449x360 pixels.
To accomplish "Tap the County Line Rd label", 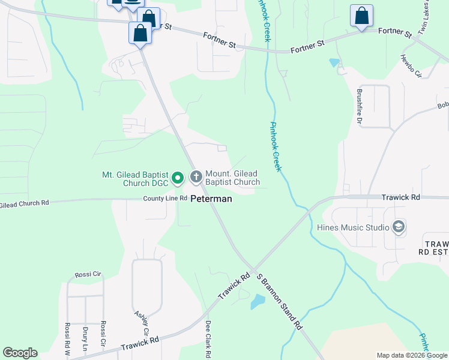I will [165, 199].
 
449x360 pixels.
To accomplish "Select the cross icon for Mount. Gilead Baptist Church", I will [196, 177].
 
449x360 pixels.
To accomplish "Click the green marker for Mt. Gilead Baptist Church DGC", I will [178, 178].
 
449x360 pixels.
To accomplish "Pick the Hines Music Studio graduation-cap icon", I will [398, 227].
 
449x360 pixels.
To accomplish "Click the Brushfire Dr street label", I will [360, 107].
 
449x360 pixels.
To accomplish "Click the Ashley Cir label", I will [142, 324].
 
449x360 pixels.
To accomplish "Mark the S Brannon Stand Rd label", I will [279, 301].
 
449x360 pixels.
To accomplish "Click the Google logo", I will [20, 353].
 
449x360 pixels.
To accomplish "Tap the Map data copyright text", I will [412, 355].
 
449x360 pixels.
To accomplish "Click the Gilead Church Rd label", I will [24, 203].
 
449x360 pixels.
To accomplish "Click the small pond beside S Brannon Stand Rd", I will [258, 301].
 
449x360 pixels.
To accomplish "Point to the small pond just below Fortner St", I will [334, 62].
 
